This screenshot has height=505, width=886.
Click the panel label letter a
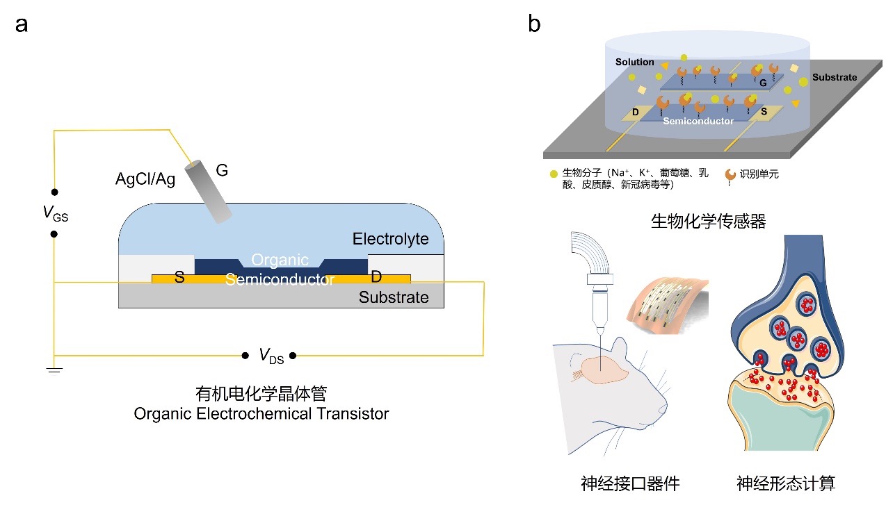(22, 25)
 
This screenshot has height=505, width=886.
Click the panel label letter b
(534, 25)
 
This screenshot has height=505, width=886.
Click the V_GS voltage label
(56, 214)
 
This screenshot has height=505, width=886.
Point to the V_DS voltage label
(269, 356)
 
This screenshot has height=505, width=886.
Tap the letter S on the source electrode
(179, 278)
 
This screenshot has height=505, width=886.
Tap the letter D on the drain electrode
(376, 278)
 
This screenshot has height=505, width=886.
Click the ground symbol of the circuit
(54, 370)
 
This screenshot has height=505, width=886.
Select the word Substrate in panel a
(394, 298)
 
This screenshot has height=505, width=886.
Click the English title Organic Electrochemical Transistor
(261, 414)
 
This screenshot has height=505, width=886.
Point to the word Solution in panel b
(634, 62)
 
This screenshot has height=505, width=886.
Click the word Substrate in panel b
(834, 77)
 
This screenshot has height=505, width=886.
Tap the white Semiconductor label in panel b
(698, 121)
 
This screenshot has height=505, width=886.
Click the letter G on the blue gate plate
(763, 83)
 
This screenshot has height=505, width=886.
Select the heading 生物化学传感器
(708, 221)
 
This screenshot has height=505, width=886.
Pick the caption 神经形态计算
(786, 483)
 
